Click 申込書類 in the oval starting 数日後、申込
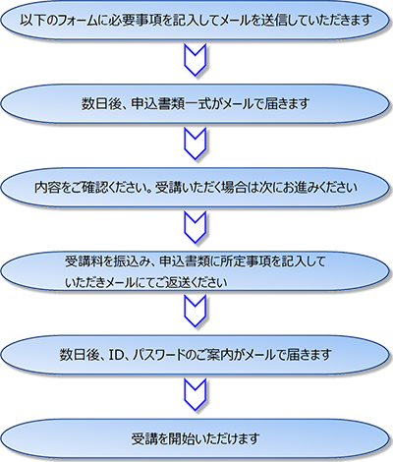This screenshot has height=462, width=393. [x=156, y=104]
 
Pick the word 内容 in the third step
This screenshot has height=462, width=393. [x=47, y=188]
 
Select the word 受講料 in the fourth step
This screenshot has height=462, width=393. [x=84, y=261]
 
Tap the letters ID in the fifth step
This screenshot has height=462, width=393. [x=115, y=355]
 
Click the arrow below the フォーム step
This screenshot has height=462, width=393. [x=196, y=60]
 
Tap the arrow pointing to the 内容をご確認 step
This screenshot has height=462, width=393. [x=196, y=144]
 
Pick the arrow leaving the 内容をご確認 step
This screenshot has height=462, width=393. [x=196, y=227]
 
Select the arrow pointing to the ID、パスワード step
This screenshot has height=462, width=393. [x=196, y=311]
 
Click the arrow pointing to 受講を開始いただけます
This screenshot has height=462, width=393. [x=196, y=394]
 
